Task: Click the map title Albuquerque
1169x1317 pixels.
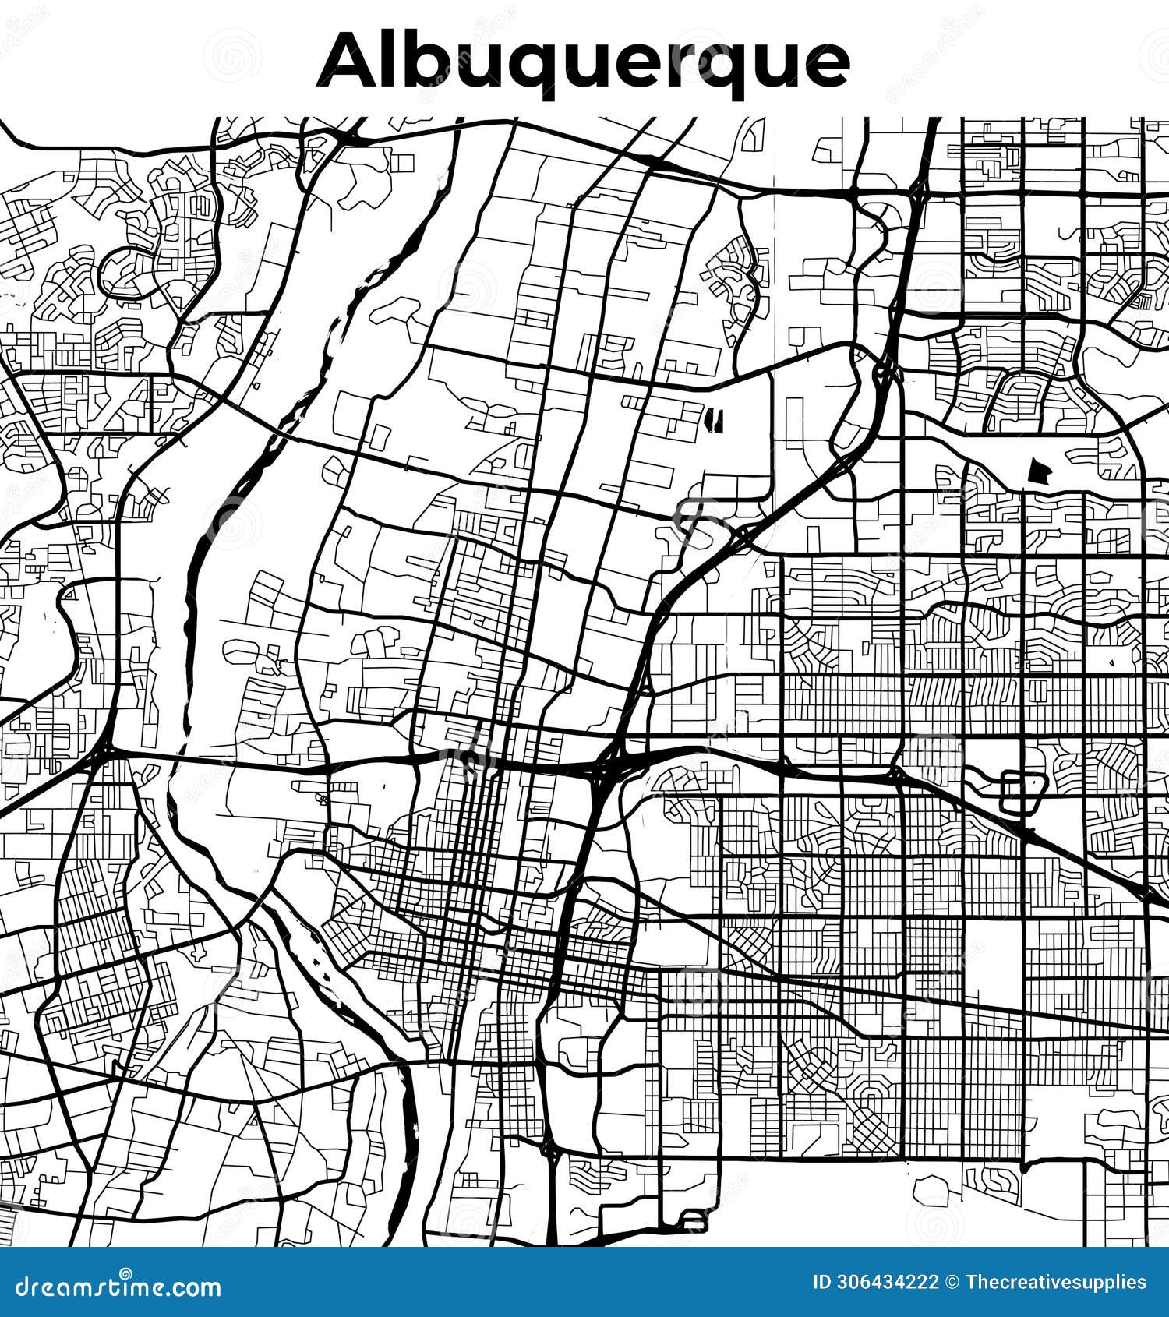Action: [583, 61]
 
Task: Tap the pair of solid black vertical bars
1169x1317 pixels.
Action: [713, 419]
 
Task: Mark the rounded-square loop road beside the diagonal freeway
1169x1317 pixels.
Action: [1022, 792]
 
